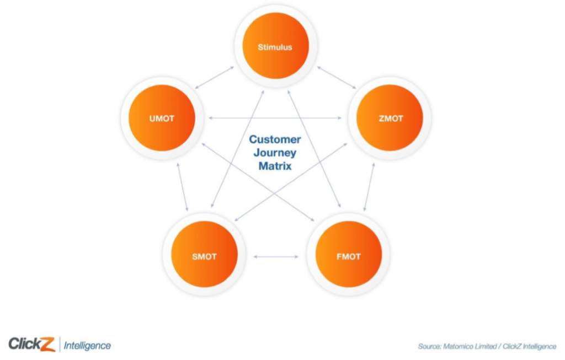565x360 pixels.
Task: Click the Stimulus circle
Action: click(x=275, y=47)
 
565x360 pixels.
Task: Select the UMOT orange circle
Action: click(x=162, y=118)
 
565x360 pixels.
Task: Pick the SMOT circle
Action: click(x=204, y=256)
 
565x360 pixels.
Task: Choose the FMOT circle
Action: click(x=348, y=256)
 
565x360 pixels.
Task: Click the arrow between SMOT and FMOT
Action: click(x=276, y=256)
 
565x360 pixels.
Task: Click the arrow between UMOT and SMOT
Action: click(x=182, y=187)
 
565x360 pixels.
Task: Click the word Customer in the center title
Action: click(x=275, y=139)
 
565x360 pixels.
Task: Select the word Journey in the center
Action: click(x=275, y=152)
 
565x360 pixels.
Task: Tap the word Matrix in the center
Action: click(x=275, y=165)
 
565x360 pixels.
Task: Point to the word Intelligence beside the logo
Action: click(x=87, y=346)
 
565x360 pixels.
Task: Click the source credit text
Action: click(x=487, y=346)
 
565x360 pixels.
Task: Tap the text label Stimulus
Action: click(x=275, y=47)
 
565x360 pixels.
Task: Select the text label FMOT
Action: click(x=348, y=256)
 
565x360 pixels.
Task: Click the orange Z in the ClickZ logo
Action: click(x=47, y=344)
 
